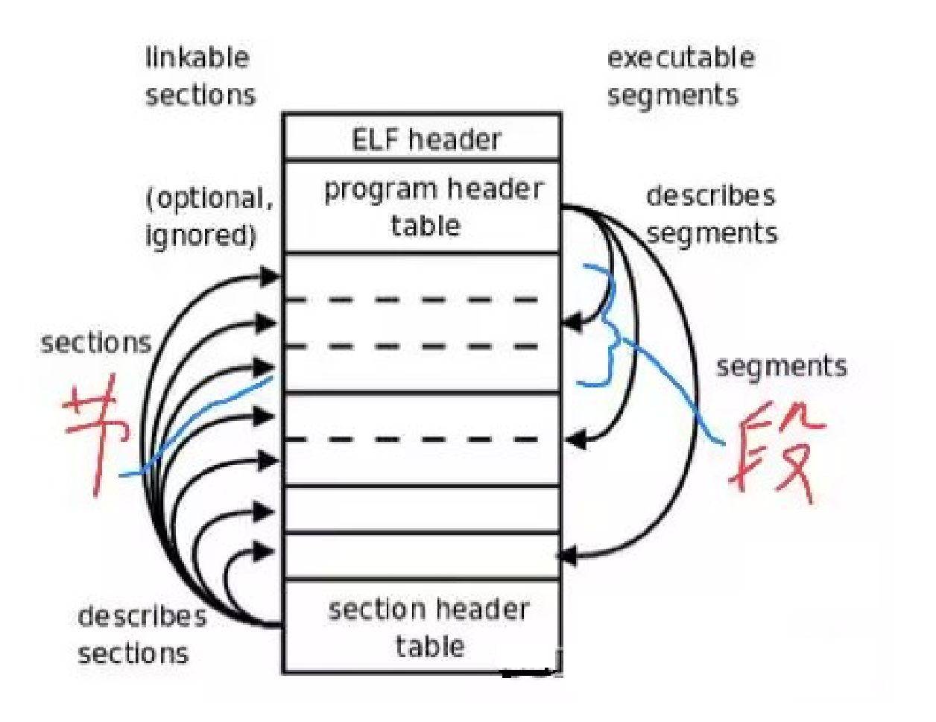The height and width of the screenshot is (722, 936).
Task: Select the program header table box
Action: point(422,207)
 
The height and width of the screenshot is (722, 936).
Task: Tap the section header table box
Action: point(422,627)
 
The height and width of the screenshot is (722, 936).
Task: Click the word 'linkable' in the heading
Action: point(197,58)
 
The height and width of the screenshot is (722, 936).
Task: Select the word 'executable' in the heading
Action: point(680,58)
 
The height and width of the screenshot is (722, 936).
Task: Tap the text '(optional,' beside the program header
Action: point(209,198)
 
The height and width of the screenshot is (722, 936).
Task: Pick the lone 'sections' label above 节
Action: point(96,343)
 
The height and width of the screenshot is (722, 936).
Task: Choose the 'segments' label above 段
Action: point(781,367)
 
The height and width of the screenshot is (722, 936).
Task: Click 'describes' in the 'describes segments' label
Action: point(710,196)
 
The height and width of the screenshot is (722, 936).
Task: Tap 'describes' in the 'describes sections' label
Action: point(142,617)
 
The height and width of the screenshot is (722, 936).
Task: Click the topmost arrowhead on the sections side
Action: point(268,276)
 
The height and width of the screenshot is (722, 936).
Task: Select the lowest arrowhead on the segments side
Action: point(568,555)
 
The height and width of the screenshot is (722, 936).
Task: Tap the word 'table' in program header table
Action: point(426,226)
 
